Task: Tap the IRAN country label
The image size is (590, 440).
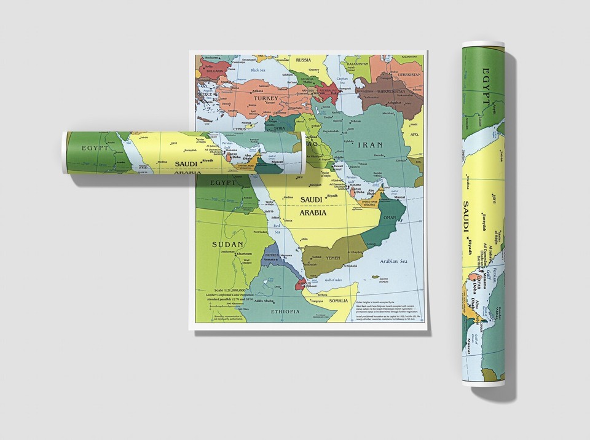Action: pyautogui.click(x=369, y=145)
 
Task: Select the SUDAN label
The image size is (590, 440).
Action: pyautogui.click(x=224, y=244)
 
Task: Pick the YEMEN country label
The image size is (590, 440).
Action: pyautogui.click(x=332, y=258)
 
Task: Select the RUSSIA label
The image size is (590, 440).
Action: pyautogui.click(x=303, y=60)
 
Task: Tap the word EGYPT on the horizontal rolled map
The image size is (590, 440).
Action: pyautogui.click(x=95, y=148)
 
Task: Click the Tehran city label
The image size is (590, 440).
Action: pyautogui.click(x=355, y=122)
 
